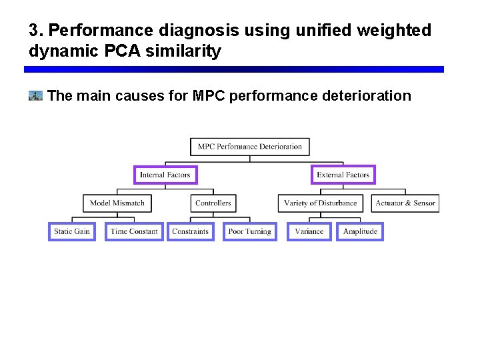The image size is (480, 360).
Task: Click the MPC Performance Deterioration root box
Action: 250,147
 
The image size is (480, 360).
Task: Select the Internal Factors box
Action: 165,175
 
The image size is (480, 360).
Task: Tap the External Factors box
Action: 343,175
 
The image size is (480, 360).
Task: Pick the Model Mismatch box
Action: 117,203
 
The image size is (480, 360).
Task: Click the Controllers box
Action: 213,203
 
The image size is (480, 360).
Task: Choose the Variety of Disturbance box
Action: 321,203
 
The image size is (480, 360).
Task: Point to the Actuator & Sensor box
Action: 405,203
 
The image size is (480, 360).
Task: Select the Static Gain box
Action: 72,231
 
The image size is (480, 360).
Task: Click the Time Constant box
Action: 134,231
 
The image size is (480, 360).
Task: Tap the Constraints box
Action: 191,231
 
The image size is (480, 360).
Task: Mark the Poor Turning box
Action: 249,231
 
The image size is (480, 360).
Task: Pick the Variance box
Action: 309,231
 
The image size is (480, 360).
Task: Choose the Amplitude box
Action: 360,231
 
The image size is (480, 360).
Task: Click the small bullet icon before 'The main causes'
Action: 35,96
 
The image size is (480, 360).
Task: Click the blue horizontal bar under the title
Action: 233,69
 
